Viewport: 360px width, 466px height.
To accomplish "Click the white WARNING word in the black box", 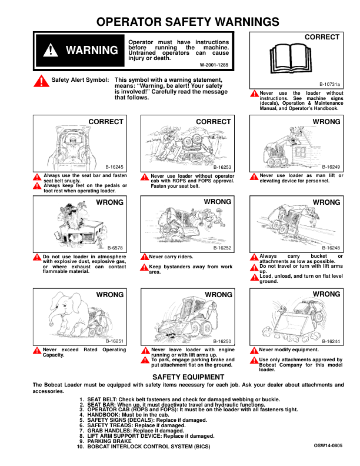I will (92, 51).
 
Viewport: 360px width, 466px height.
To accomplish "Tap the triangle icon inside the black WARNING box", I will (51, 51).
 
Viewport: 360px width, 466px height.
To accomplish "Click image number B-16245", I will (114, 167).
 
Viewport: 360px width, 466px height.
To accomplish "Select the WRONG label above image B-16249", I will (326, 122).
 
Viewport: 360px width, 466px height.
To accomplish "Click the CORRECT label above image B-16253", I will (213, 122).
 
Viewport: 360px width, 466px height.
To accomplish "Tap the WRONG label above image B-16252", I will (218, 202).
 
